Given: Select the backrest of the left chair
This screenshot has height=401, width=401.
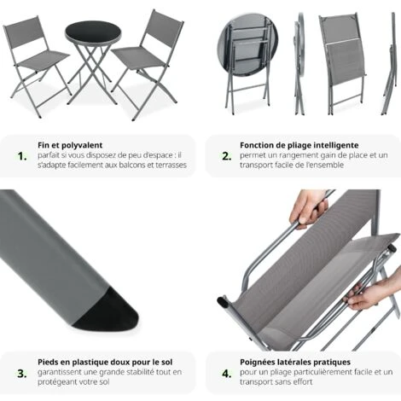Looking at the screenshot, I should point(23,35).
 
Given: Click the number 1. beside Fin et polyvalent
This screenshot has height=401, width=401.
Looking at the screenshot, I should point(22,156).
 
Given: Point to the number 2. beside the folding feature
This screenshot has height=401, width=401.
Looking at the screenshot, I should point(226,156).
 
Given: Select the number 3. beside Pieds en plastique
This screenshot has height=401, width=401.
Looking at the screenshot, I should point(22,373).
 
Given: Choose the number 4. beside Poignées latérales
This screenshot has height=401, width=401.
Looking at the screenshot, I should point(226,373).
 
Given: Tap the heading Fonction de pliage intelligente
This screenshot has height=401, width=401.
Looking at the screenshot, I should point(299,145).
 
